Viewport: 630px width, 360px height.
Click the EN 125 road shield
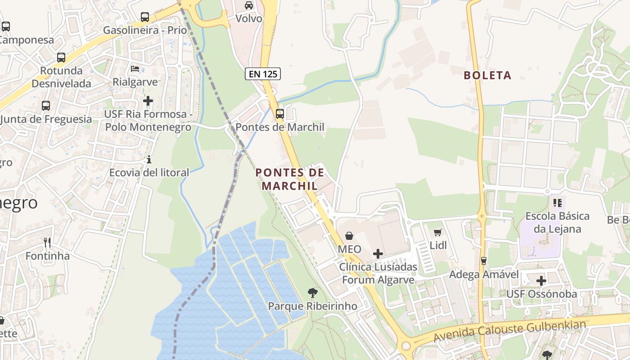point(263,74)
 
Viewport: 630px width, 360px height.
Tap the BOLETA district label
point(488,75)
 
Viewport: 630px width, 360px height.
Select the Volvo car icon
point(248,5)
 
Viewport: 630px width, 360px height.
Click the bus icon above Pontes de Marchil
point(279,113)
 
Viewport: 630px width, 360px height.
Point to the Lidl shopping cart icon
point(437,232)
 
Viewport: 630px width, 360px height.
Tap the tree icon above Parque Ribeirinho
point(312,293)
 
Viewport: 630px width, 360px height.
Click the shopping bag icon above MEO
point(349,235)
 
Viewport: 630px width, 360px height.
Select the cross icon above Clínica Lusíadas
point(378,254)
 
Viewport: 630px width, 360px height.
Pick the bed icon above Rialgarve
point(135,69)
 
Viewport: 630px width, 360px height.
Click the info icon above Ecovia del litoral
point(149,160)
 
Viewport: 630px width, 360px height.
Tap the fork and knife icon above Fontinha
point(47,243)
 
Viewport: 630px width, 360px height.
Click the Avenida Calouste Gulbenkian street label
point(510,331)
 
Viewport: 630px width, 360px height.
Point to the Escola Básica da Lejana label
point(557,222)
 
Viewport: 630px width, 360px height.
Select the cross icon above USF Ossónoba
point(541,281)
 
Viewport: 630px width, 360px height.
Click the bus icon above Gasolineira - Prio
point(145,17)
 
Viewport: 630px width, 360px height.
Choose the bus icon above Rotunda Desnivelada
point(61,58)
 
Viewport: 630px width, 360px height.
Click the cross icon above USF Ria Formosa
point(148,101)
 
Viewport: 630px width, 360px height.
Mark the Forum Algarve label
point(378,279)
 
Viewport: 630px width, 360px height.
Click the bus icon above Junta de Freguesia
point(46,106)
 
